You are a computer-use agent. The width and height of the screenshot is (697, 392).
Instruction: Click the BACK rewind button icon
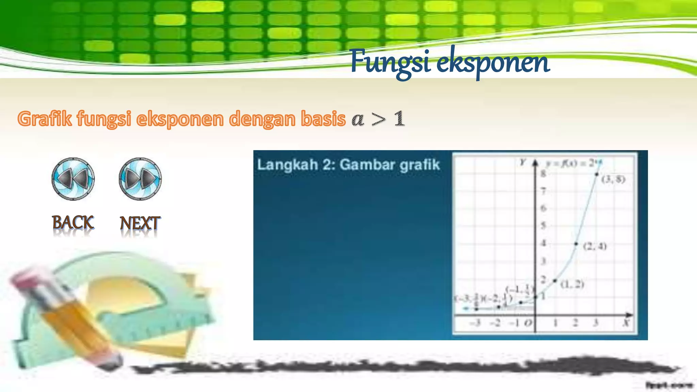(73, 179)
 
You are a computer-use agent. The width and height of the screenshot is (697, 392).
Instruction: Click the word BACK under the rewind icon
(73, 223)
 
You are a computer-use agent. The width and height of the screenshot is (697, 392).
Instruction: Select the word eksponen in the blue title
(493, 63)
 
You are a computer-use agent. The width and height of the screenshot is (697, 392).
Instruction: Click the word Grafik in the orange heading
(45, 119)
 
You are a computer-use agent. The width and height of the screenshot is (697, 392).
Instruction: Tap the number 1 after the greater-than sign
(399, 119)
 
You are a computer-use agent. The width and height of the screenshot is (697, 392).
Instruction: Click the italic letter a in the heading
(358, 120)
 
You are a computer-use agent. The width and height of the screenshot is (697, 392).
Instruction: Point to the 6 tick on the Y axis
(543, 208)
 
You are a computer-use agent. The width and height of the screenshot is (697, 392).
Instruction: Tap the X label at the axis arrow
(626, 323)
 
